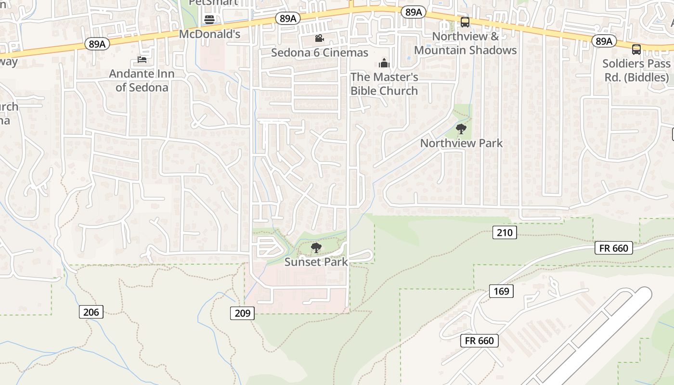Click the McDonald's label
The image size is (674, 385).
(x=209, y=34)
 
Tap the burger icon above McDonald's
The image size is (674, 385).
(x=209, y=20)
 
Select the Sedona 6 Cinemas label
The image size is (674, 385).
(x=319, y=52)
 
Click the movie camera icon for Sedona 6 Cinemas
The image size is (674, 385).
(x=319, y=38)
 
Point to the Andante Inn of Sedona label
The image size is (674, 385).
(x=142, y=80)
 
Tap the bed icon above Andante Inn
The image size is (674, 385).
(x=142, y=60)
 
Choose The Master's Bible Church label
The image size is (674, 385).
(x=384, y=84)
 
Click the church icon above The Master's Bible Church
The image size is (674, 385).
(x=384, y=63)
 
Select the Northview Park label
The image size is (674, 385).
(x=461, y=143)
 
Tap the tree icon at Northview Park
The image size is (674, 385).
(x=461, y=129)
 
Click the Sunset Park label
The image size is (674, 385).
(x=316, y=262)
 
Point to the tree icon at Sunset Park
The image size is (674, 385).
(x=316, y=248)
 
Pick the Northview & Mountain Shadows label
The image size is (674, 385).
(x=465, y=43)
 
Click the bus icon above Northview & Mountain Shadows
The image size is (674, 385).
(x=465, y=22)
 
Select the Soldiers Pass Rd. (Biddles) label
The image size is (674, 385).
(x=636, y=70)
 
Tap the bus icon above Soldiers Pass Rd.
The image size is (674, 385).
(x=636, y=50)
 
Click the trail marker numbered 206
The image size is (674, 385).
(x=91, y=312)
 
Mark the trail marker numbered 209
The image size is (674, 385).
(x=242, y=313)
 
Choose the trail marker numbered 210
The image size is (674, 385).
(x=504, y=233)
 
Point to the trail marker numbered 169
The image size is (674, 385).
(x=501, y=291)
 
